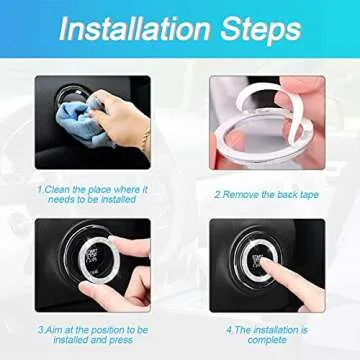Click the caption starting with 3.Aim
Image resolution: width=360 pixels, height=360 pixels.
pyautogui.click(x=94, y=332)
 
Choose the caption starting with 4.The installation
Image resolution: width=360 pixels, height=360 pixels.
pyautogui.click(x=266, y=332)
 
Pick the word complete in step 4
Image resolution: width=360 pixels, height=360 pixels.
pyautogui.click(x=266, y=338)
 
